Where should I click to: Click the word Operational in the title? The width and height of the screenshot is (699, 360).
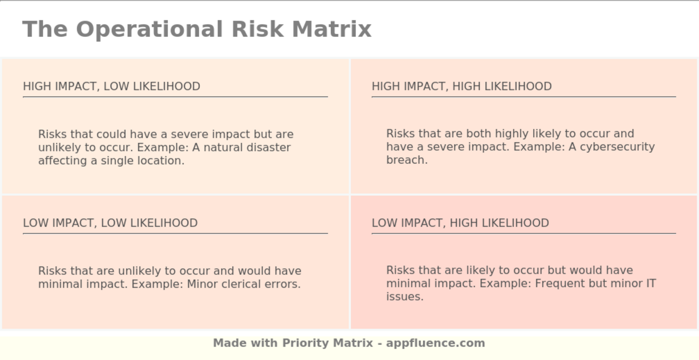click(x=149, y=29)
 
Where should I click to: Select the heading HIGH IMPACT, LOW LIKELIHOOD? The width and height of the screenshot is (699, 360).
click(x=111, y=86)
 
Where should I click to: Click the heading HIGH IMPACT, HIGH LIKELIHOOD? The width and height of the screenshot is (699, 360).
click(x=461, y=86)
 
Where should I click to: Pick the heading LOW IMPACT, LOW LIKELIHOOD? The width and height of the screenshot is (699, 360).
click(x=110, y=223)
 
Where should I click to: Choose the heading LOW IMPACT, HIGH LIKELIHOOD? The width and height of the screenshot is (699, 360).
click(x=460, y=223)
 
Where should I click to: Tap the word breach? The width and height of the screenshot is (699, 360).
click(x=406, y=160)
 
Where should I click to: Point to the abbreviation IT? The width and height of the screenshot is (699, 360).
click(x=651, y=283)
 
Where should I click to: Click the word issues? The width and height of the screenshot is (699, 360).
click(x=404, y=296)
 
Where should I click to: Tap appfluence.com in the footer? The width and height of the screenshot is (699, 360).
click(x=435, y=343)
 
